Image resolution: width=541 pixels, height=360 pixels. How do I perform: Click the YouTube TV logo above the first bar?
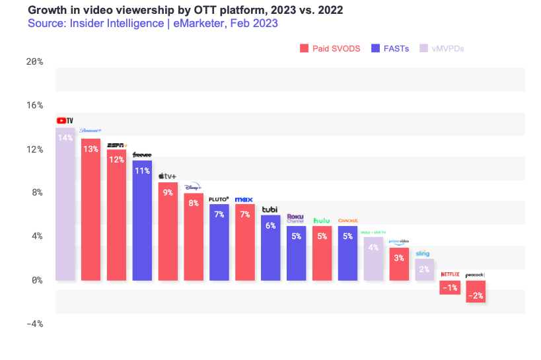tap(65, 120)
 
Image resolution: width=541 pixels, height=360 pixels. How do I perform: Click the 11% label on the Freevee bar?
tap(142, 170)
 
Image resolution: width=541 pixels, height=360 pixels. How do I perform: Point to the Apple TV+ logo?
tap(168, 176)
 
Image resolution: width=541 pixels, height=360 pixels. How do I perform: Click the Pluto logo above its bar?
tap(219, 198)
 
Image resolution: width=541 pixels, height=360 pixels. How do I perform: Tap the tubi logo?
tap(270, 209)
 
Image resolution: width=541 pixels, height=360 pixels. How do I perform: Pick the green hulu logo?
tap(322, 220)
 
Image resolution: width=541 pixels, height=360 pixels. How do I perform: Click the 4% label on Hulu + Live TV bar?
tap(373, 248)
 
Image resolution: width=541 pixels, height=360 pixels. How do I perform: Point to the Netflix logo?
tap(450, 273)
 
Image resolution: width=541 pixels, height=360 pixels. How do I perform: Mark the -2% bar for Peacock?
tap(476, 291)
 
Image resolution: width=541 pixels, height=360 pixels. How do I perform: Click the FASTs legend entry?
tap(390, 48)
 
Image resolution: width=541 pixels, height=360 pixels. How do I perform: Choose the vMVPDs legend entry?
tap(445, 48)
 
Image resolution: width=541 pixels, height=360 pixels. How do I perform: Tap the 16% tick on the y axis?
tap(34, 105)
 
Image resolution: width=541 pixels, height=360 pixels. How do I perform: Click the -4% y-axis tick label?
tap(34, 324)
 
